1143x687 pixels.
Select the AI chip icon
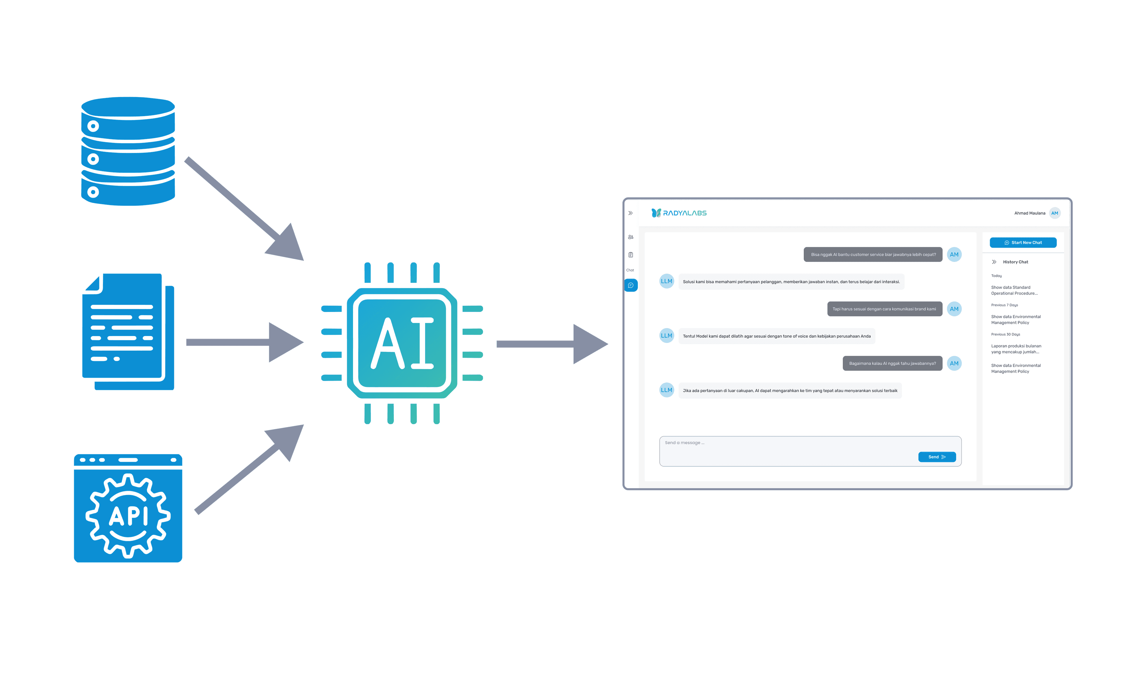(402, 343)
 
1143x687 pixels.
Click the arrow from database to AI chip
(244, 209)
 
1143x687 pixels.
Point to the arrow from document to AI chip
(245, 342)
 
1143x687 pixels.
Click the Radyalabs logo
(679, 213)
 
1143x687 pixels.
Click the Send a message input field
(810, 451)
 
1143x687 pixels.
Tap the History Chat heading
(1015, 262)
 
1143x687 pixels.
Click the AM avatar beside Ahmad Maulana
(1055, 213)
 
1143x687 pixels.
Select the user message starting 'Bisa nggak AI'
(873, 254)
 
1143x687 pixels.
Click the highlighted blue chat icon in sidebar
(630, 285)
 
